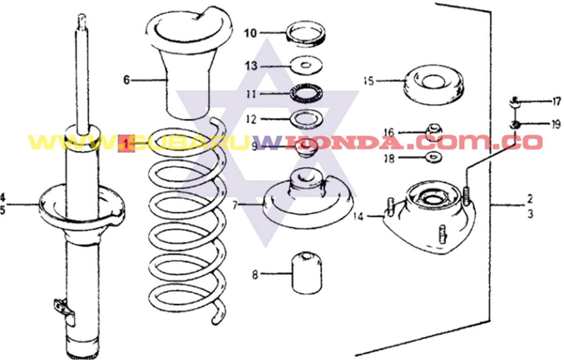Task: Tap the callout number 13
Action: pyautogui.click(x=251, y=66)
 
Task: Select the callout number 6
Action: pyautogui.click(x=126, y=80)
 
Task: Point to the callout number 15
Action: pyautogui.click(x=369, y=81)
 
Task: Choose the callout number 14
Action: pyautogui.click(x=358, y=216)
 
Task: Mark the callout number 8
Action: pyautogui.click(x=255, y=274)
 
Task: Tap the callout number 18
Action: pyautogui.click(x=389, y=158)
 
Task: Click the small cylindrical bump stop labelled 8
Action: pyautogui.click(x=307, y=274)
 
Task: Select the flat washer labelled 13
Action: pyautogui.click(x=305, y=65)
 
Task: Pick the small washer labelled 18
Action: pyautogui.click(x=434, y=156)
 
